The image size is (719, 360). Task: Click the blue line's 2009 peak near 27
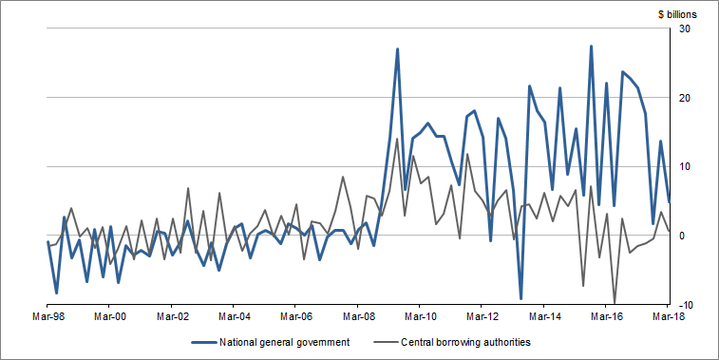pyautogui.click(x=397, y=49)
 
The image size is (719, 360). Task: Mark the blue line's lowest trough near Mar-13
pyautogui.click(x=521, y=298)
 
